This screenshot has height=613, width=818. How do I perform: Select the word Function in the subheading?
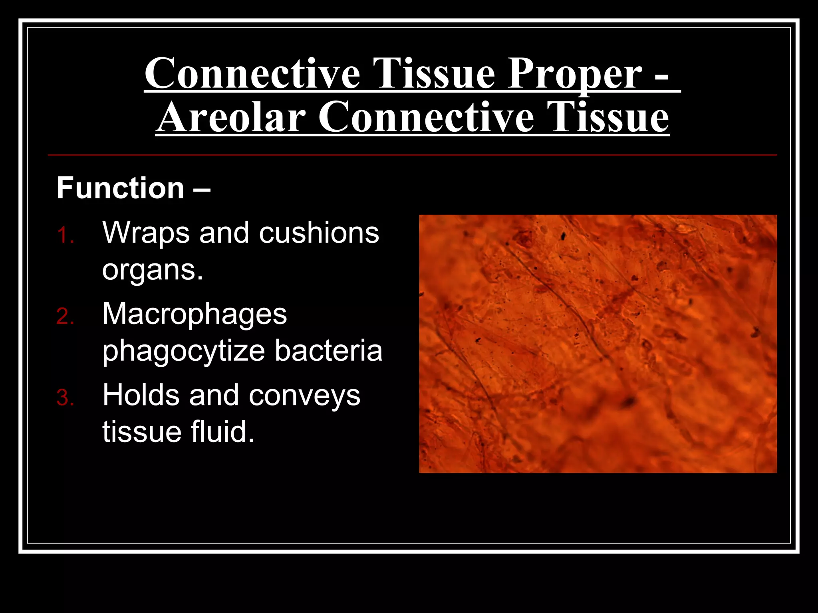120,188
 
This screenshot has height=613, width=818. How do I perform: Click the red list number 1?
65,235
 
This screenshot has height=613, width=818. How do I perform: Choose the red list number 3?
65,398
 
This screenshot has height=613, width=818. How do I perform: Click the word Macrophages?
195,314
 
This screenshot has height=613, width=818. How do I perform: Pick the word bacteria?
328,351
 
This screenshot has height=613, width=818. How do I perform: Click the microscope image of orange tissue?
598,344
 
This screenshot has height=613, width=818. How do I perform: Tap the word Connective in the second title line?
426,118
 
